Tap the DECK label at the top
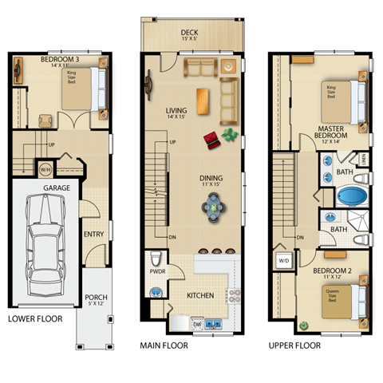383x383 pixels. [190, 34]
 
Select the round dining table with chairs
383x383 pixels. [214, 208]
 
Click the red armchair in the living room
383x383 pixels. [211, 139]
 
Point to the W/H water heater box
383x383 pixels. [45, 168]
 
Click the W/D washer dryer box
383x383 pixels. [283, 261]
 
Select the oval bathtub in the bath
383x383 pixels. [349, 197]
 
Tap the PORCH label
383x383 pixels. [97, 301]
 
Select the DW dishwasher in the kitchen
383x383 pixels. [197, 324]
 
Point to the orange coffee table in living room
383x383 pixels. [203, 100]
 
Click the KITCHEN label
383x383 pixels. [200, 296]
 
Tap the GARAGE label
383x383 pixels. [56, 188]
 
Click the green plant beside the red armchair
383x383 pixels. [231, 134]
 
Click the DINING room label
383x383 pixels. [211, 180]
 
